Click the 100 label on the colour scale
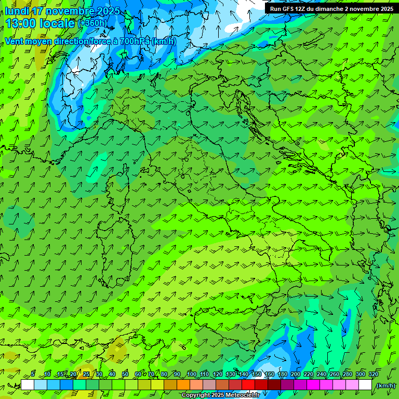(192, 375)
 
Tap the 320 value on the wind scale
(374, 375)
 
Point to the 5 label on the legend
(33, 375)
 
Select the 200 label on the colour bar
(296, 375)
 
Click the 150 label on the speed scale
(257, 375)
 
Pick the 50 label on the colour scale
(125, 375)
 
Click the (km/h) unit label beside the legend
(386, 385)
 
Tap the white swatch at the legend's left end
(28, 385)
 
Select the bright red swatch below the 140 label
(248, 385)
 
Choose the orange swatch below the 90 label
(183, 385)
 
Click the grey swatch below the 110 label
(209, 385)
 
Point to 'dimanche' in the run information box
(327, 9)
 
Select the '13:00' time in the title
(20, 23)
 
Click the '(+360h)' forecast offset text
(92, 23)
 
